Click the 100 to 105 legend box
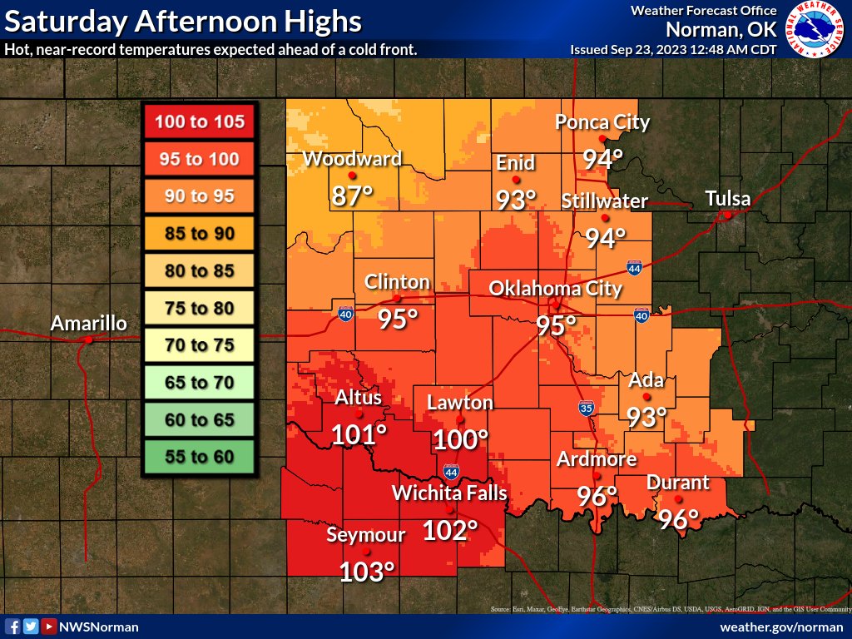point(199,122)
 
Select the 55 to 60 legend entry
point(199,457)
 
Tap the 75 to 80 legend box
point(199,309)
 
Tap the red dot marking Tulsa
point(727,215)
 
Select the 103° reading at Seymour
point(366,572)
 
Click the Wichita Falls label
point(449,493)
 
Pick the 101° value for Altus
point(359,434)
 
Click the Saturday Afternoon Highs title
point(184,21)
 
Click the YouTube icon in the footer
point(49,627)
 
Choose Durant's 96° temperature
point(679,519)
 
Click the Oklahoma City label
point(555,289)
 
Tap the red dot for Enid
point(516,179)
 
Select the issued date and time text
point(673,50)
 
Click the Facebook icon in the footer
point(12,627)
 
